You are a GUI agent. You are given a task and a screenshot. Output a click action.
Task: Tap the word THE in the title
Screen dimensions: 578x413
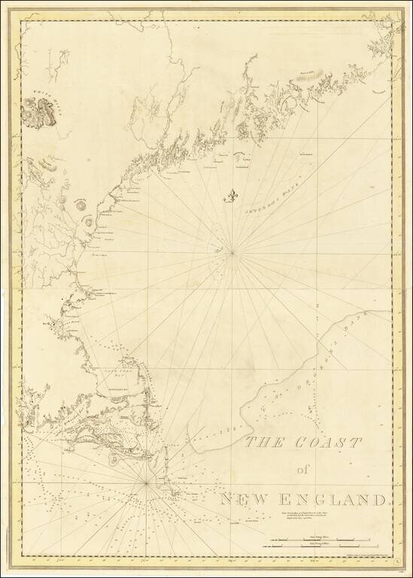pos(263,443)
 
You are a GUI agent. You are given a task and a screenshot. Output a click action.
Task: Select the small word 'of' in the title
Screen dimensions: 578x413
pos(302,470)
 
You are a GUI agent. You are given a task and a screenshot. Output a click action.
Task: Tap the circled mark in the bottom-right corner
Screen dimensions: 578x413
pos(398,561)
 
